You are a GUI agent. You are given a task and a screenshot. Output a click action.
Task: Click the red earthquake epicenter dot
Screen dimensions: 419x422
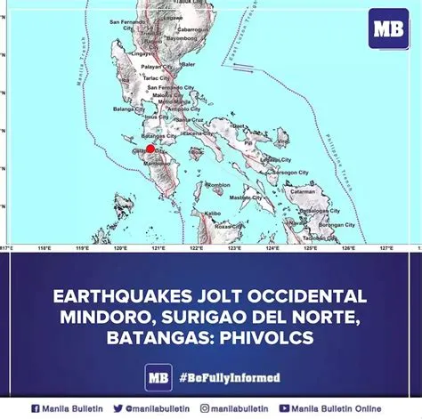point(151,149)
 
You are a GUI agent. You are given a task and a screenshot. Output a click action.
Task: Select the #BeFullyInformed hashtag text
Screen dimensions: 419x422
point(223,377)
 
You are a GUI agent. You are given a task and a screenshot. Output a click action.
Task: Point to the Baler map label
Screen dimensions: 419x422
point(188,63)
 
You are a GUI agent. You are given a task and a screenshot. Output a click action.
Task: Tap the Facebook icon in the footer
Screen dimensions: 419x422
point(36,408)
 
